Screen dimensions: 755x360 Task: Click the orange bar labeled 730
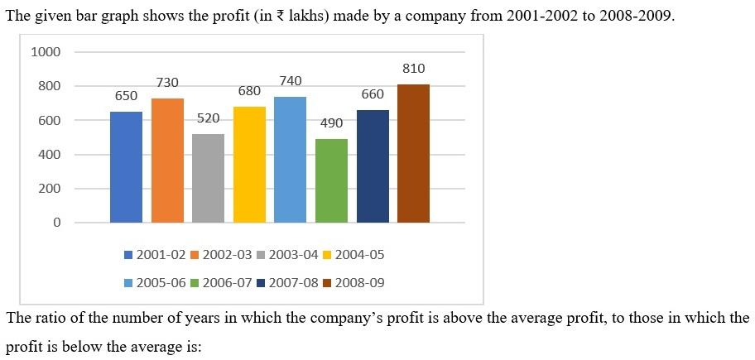point(167,161)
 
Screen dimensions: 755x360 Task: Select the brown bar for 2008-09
point(414,154)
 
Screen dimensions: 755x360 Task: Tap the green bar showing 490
point(331,181)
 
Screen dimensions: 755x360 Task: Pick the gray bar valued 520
point(209,178)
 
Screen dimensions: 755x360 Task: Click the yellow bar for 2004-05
point(249,165)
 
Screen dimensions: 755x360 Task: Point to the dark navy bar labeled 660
point(373,166)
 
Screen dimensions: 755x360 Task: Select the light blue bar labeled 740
point(291,159)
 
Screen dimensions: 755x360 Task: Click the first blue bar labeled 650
point(126,167)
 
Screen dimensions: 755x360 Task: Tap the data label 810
point(414,69)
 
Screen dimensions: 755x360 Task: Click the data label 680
point(249,91)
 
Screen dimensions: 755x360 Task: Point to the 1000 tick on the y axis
point(46,52)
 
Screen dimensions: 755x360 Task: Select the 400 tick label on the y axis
point(50,155)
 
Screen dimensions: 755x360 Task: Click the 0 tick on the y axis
point(57,223)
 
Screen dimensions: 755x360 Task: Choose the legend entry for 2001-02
point(155,255)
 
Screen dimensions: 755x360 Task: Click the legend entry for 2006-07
point(221,283)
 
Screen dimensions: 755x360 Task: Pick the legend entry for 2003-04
point(287,255)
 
